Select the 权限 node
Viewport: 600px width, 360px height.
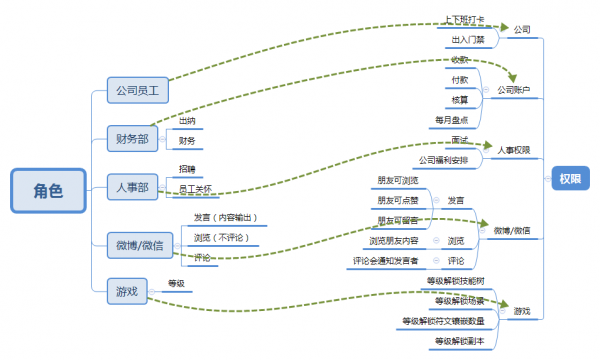(x=570, y=178)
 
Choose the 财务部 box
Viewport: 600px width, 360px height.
(x=132, y=138)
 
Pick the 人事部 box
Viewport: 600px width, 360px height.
(x=132, y=185)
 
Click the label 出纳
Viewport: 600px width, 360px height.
(x=186, y=121)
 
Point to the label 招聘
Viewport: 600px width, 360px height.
(x=187, y=169)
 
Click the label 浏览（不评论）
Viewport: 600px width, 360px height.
(x=221, y=237)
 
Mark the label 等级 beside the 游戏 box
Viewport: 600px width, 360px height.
(x=176, y=283)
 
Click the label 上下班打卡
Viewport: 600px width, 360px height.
(x=465, y=20)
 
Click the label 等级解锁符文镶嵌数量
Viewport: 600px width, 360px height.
(x=443, y=321)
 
